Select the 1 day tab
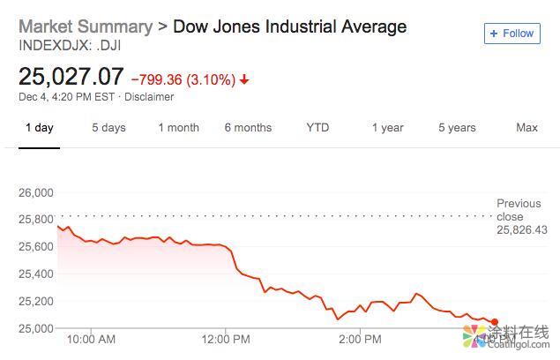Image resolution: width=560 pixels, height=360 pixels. point(39,128)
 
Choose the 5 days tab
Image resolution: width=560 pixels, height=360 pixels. point(108,128)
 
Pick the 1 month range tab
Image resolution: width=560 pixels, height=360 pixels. point(178,128)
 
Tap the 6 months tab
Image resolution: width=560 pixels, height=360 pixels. point(248,128)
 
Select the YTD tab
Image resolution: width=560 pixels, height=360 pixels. point(317,128)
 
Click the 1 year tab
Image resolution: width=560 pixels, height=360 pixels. point(387,128)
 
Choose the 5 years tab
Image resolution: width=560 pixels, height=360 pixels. point(457,128)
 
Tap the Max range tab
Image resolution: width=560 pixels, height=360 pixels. point(526,128)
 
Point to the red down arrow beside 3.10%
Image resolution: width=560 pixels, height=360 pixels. point(244,79)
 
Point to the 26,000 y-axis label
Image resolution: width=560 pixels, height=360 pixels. point(36,192)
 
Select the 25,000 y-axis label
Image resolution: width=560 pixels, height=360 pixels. point(36,329)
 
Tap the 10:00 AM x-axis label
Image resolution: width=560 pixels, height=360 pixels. point(91,339)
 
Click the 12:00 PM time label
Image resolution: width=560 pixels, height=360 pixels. point(227,339)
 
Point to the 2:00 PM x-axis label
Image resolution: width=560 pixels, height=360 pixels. point(361,339)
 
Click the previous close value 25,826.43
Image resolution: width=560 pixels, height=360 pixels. point(522,229)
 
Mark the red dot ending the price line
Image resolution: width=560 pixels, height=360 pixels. point(494,322)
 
